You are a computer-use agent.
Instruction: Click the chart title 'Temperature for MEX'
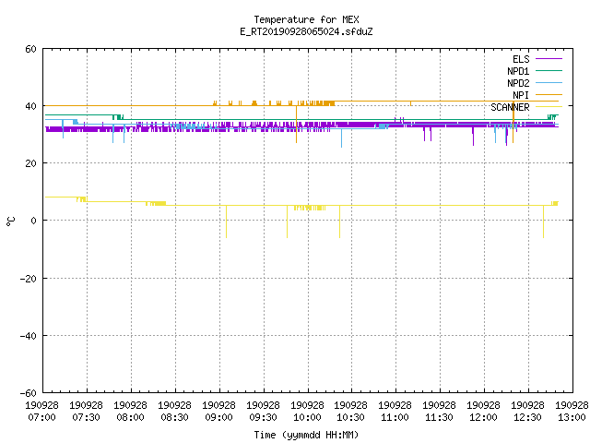(x=306, y=19)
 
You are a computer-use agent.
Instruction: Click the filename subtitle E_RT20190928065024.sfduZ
(x=306, y=31)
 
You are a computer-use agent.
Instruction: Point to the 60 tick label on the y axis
(x=30, y=49)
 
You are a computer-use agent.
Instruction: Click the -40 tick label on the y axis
(x=29, y=336)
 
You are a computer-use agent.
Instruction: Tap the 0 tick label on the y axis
(x=34, y=221)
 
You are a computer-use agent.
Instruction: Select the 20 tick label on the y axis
(x=30, y=163)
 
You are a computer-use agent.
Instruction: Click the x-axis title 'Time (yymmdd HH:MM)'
(x=306, y=435)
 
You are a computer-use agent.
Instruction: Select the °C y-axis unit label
(x=11, y=221)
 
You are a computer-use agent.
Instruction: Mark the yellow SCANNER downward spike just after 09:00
(x=226, y=221)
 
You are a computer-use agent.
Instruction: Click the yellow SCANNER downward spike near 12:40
(x=543, y=221)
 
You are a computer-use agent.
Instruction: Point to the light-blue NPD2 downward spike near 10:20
(x=342, y=138)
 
